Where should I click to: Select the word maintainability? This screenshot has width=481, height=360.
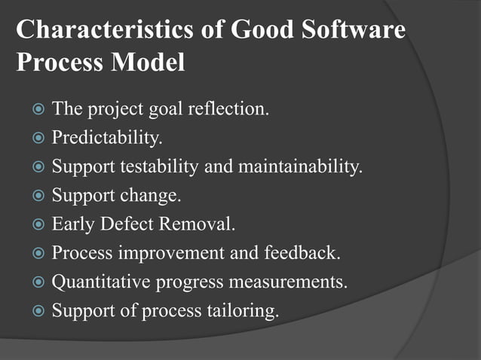coord(299,166)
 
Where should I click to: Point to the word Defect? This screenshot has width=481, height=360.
coord(127,224)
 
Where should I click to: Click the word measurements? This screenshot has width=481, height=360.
coord(289,281)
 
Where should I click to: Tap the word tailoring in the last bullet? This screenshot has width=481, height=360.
coord(246,310)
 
